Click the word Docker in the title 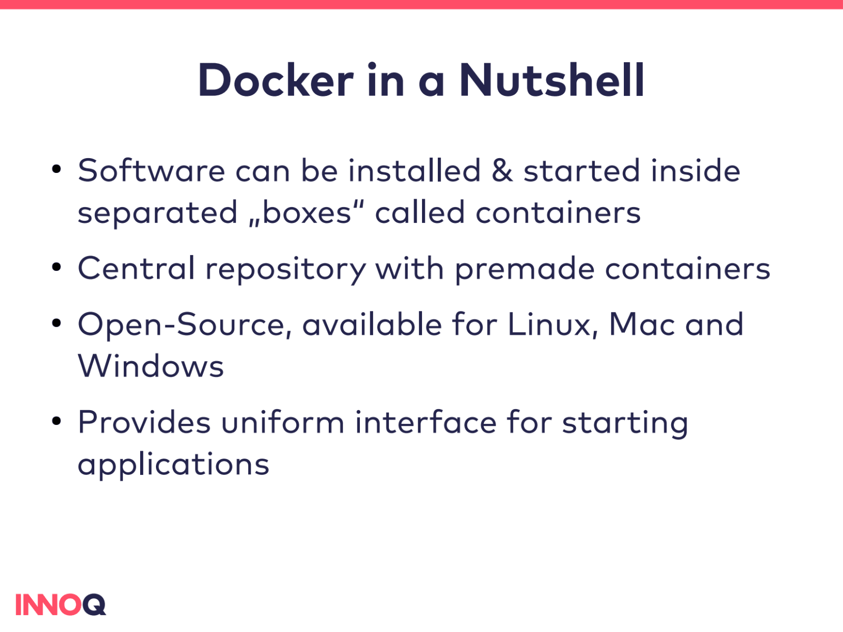[275, 80]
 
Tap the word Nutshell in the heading [552, 80]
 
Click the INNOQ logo [61, 605]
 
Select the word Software [152, 171]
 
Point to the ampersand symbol [502, 171]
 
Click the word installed [414, 171]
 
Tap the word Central [136, 268]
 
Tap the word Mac [642, 324]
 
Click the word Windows [151, 366]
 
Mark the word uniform [282, 423]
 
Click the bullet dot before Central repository [57, 267]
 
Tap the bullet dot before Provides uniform [57, 421]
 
